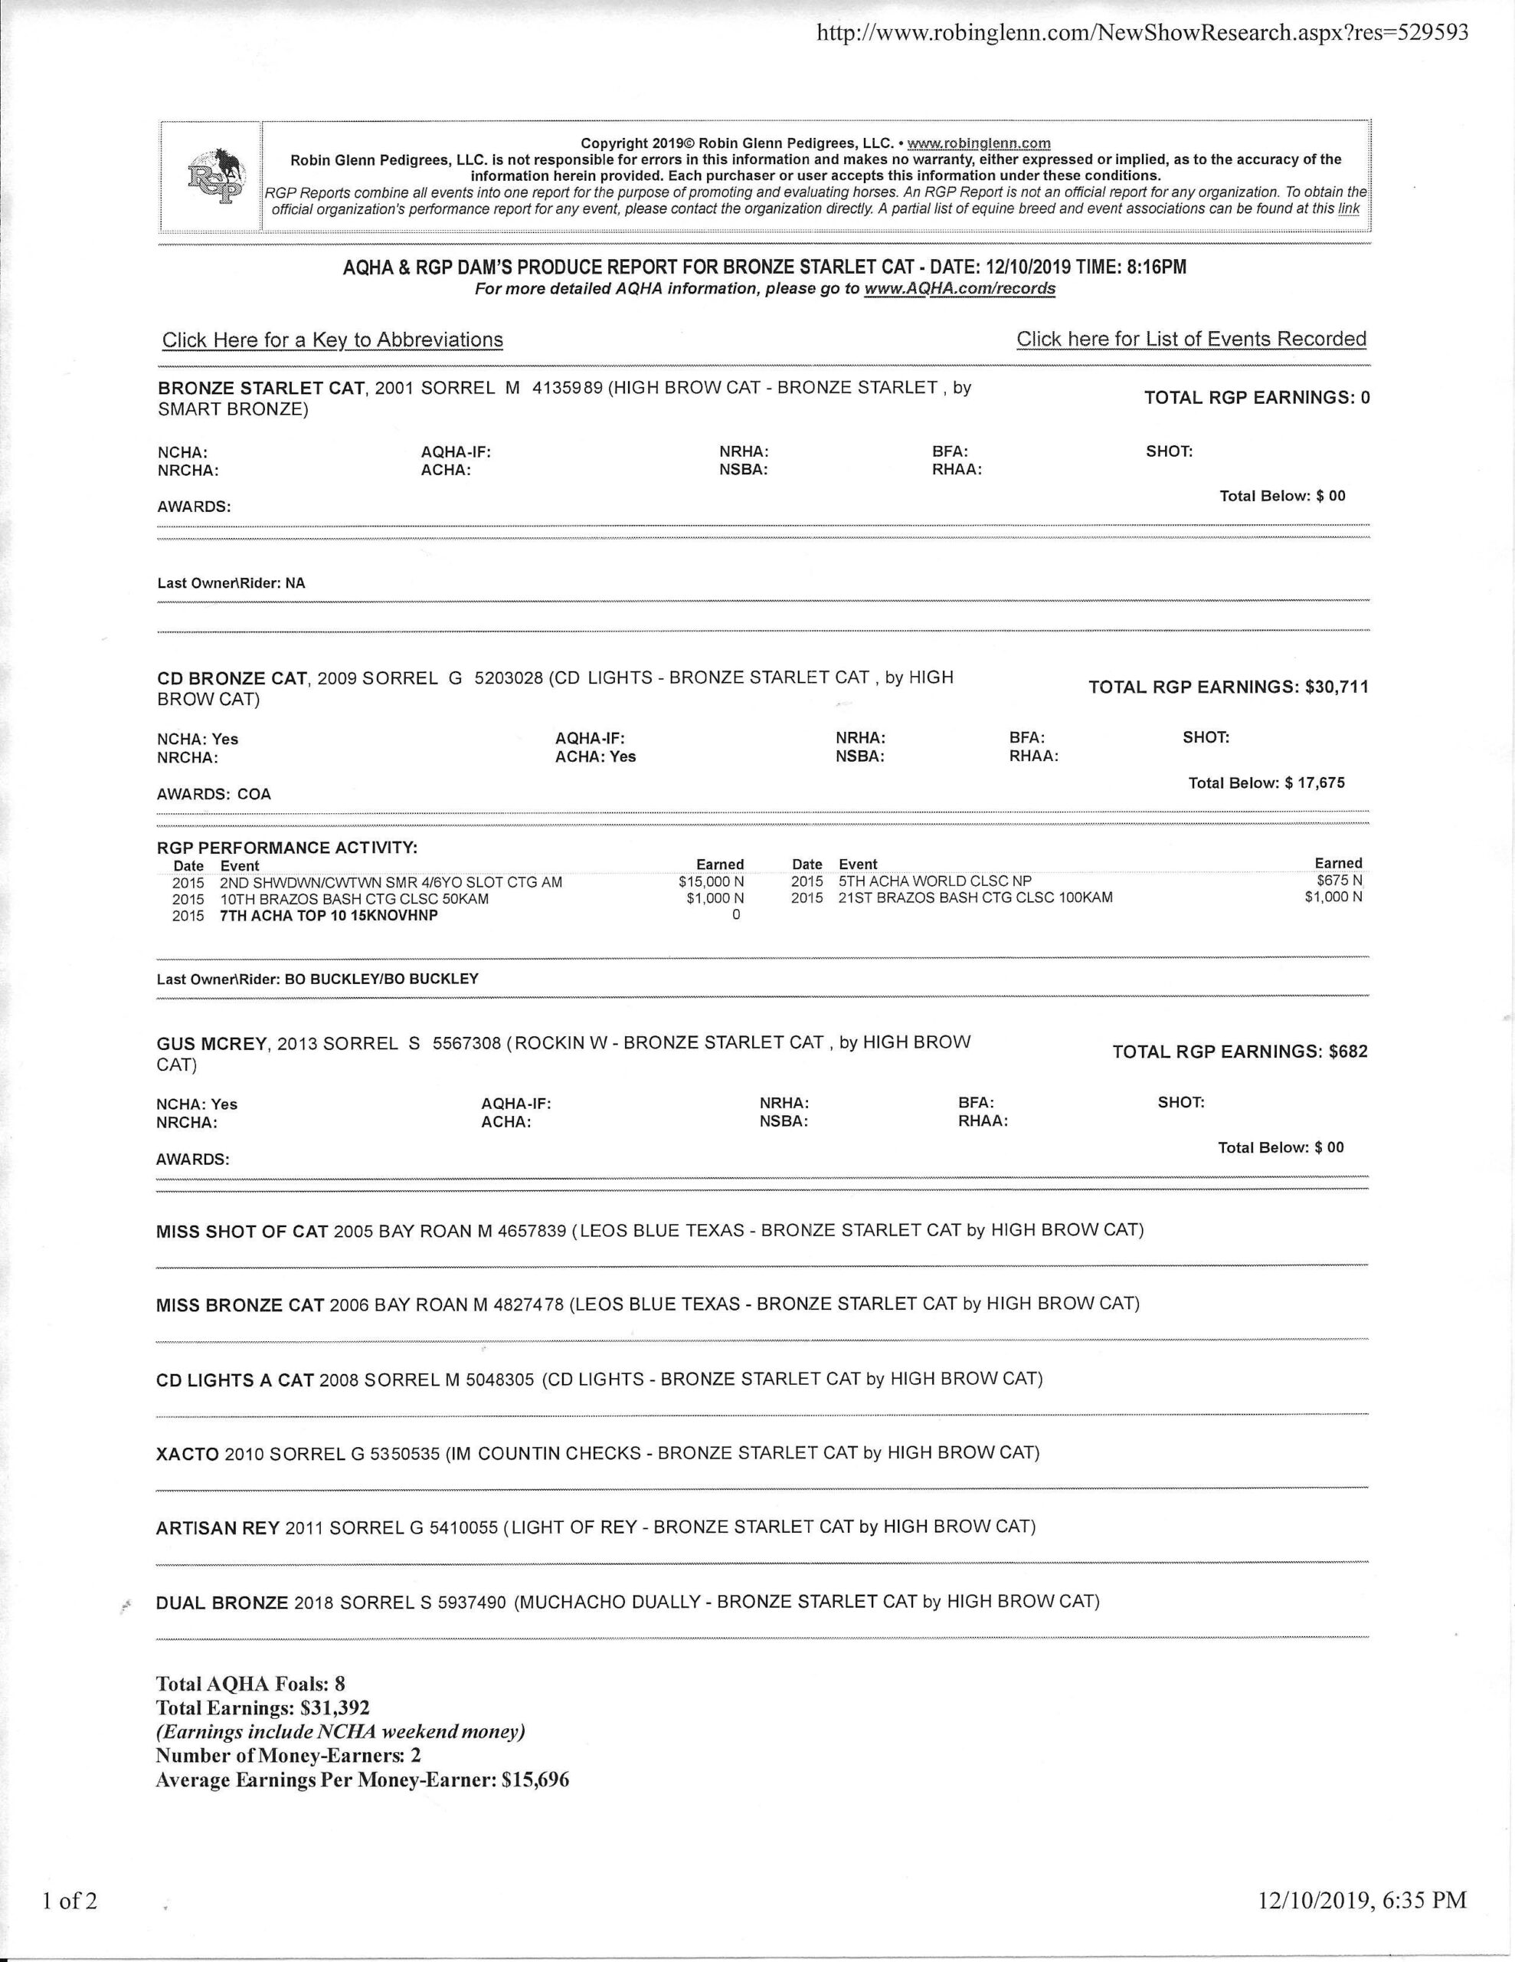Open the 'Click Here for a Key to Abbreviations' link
332,340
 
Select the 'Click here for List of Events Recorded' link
1191,339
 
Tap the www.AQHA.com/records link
959,288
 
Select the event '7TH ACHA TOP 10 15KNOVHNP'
329,915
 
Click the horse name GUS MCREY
212,1043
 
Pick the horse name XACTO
187,1452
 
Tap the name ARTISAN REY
218,1527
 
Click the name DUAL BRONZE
222,1602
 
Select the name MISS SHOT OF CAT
241,1231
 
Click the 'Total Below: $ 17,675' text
1266,783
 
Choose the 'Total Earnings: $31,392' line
262,1708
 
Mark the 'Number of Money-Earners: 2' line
287,1754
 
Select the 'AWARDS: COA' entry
214,794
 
